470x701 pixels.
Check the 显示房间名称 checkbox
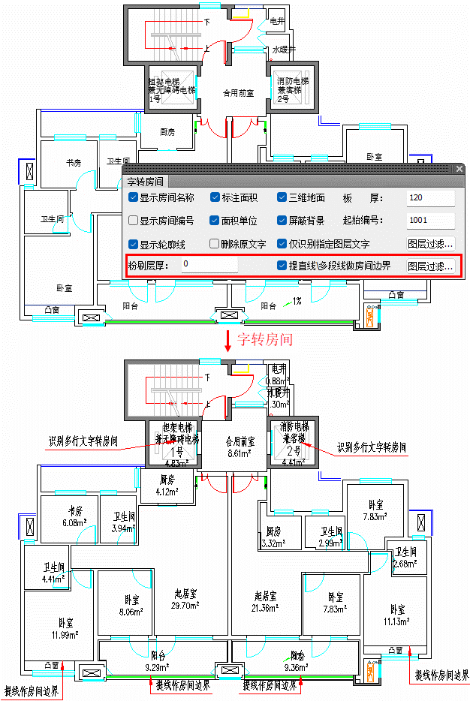134,198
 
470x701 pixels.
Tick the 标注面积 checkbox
215,198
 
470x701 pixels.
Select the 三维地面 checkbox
283,198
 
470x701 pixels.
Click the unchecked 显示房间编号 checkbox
134,221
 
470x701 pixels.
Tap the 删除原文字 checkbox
215,243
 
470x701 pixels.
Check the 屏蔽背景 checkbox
283,221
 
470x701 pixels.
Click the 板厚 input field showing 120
430,198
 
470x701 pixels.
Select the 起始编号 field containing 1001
430,221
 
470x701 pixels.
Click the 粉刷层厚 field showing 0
209,265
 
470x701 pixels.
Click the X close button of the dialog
459,169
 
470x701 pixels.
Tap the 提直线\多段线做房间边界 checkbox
283,265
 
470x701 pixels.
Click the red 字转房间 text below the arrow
265,339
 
